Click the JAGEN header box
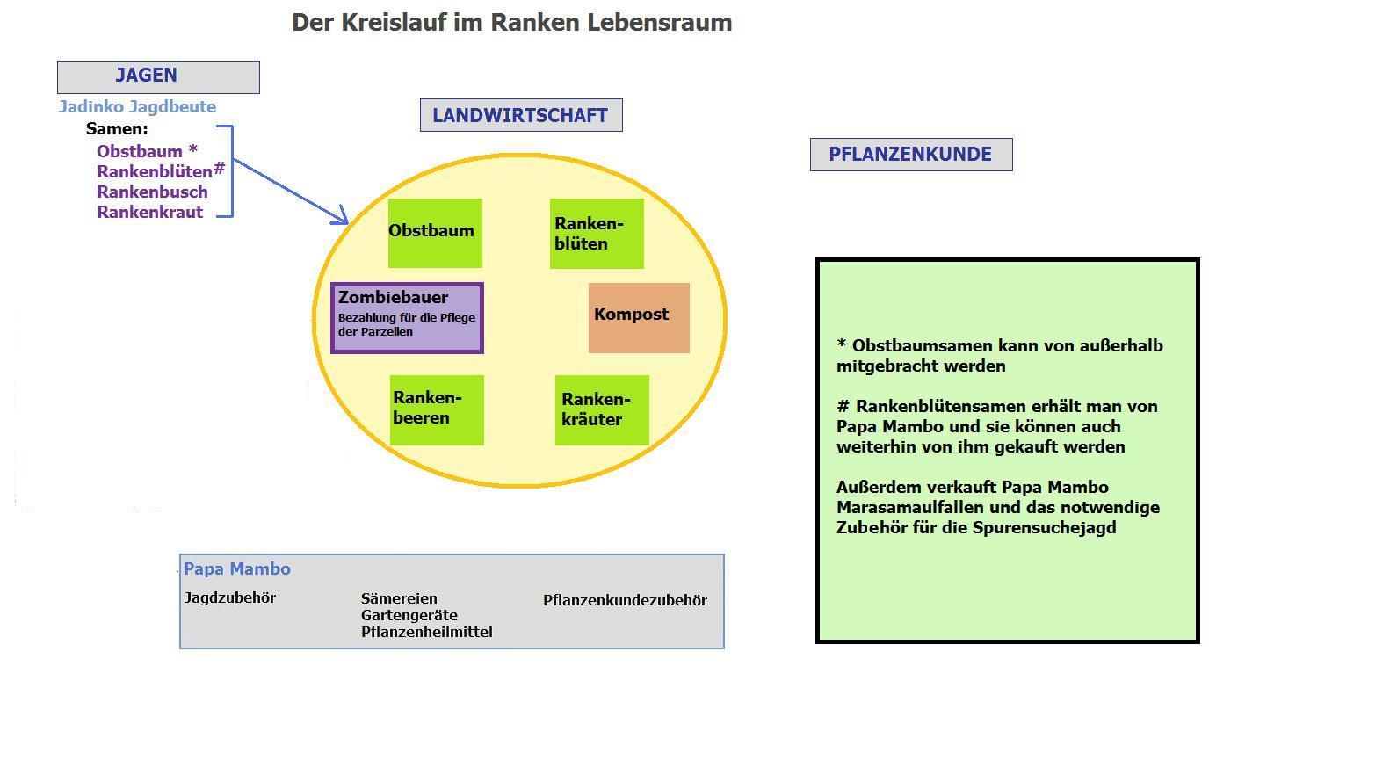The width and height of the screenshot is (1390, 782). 158,77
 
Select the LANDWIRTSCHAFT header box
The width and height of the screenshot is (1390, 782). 521,115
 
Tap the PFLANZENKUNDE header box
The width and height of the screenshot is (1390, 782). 911,155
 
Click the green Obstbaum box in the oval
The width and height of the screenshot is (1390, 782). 435,233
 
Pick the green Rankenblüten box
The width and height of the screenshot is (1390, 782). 597,234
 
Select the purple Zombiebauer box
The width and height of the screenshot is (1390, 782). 407,318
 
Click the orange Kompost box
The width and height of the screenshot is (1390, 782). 639,317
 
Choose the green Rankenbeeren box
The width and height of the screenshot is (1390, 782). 437,409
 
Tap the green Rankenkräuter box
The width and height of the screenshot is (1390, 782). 602,410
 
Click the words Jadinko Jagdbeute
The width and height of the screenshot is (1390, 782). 137,107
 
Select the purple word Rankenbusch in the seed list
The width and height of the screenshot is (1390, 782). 152,192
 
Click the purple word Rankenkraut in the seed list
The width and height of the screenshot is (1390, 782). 149,212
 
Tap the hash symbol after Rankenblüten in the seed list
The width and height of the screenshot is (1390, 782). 220,168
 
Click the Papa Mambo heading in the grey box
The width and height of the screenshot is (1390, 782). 237,569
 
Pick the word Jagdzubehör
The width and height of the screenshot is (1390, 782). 230,598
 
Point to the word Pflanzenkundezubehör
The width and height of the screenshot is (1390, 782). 625,601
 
